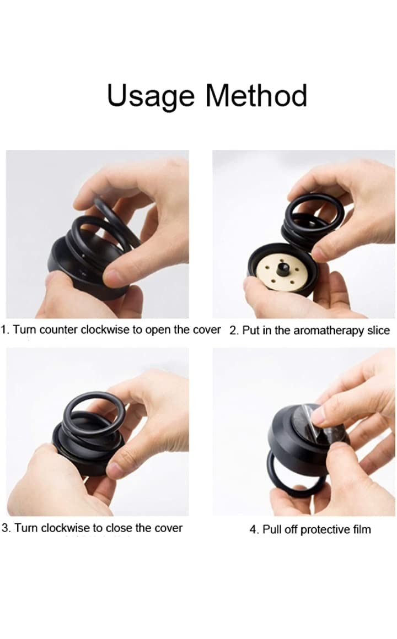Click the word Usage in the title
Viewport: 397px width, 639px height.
[151, 96]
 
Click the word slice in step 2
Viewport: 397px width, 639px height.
[379, 330]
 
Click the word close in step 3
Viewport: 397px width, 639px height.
[119, 528]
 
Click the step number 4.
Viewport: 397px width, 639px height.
[254, 529]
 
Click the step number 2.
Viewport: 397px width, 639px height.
[233, 330]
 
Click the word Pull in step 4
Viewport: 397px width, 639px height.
[271, 529]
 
